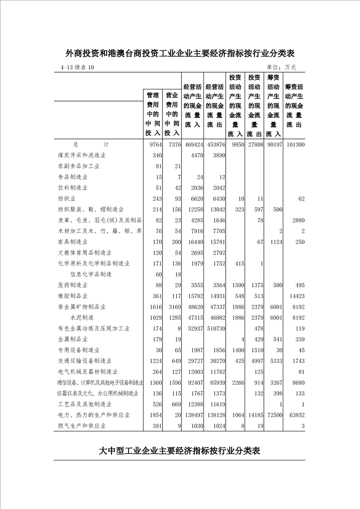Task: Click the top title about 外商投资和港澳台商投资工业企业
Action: (180, 54)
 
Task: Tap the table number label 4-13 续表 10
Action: (77, 68)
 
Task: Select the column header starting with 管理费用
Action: (153, 114)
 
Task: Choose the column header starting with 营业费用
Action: (171, 114)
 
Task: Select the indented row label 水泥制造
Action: (82, 318)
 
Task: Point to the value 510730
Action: (215, 328)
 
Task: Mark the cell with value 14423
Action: (296, 296)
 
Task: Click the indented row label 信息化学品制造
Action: (91, 274)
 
